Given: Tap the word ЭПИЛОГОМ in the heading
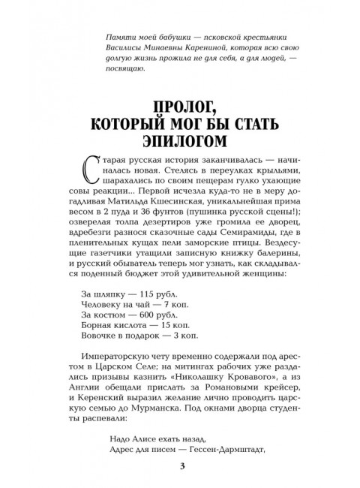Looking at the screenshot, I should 180,141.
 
